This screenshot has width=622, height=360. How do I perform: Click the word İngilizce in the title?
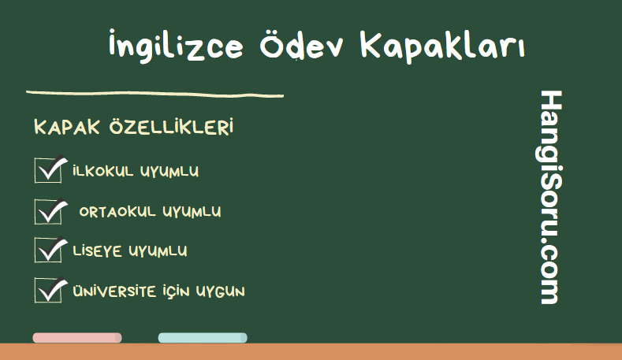176,46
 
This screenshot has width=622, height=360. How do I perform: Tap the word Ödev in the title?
301,45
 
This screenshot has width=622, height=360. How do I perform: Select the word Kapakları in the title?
443,46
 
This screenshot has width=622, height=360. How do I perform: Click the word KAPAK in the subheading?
67,128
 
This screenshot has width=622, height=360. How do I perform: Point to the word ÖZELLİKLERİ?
171,127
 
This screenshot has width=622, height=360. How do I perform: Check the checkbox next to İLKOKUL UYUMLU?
48,170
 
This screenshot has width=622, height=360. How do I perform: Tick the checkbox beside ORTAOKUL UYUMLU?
48,211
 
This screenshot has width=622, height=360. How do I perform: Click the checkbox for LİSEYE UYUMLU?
48,250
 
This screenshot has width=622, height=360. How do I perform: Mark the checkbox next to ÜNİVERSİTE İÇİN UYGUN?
48,290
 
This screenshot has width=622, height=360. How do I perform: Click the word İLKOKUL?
103,171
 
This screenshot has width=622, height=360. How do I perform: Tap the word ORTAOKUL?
117,212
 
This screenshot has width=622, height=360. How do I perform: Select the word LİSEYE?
97,251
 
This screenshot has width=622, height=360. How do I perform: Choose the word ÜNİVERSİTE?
114,291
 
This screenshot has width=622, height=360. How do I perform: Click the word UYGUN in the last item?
221,291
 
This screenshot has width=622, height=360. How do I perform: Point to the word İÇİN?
176,291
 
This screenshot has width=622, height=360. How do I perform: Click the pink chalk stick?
77,338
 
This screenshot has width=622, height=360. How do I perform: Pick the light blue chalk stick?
203,338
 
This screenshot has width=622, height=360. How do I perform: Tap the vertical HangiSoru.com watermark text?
550,197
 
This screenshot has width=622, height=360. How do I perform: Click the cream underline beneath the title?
155,94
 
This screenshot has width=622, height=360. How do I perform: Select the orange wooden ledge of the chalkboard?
311,351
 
